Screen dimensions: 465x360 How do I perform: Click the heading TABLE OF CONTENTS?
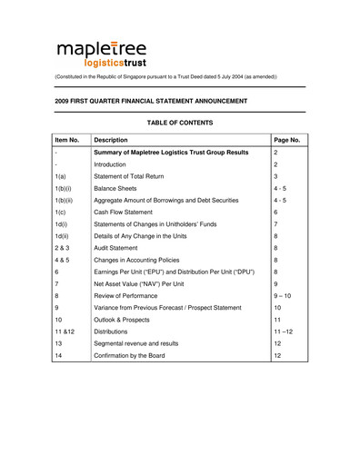[x=179, y=123]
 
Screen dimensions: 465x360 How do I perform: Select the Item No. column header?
[x=69, y=141]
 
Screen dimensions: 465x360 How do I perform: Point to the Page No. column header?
[x=287, y=141]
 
